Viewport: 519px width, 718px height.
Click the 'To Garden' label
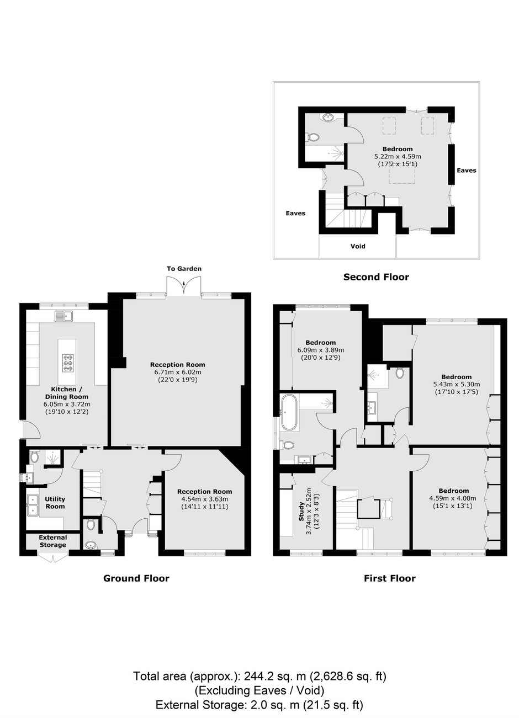pyautogui.click(x=184, y=269)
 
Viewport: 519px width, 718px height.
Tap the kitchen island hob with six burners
pyautogui.click(x=68, y=363)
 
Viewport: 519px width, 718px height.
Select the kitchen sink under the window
pyautogui.click(x=64, y=316)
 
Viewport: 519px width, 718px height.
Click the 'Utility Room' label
pyautogui.click(x=55, y=503)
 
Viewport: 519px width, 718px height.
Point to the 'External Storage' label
pyautogui.click(x=53, y=541)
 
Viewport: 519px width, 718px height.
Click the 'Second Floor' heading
pyautogui.click(x=376, y=277)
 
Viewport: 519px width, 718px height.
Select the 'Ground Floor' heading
pyautogui.click(x=136, y=578)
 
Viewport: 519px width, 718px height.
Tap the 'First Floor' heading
pyautogui.click(x=389, y=578)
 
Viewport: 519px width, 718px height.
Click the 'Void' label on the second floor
pyautogui.click(x=358, y=246)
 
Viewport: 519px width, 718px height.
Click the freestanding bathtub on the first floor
pyautogui.click(x=289, y=412)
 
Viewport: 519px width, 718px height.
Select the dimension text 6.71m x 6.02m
pyautogui.click(x=177, y=372)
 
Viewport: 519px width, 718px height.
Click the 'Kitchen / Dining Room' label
pyautogui.click(x=66, y=392)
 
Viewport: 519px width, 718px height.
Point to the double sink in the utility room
pyautogui.click(x=33, y=505)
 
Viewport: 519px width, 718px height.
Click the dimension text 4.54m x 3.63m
pyautogui.click(x=205, y=499)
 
